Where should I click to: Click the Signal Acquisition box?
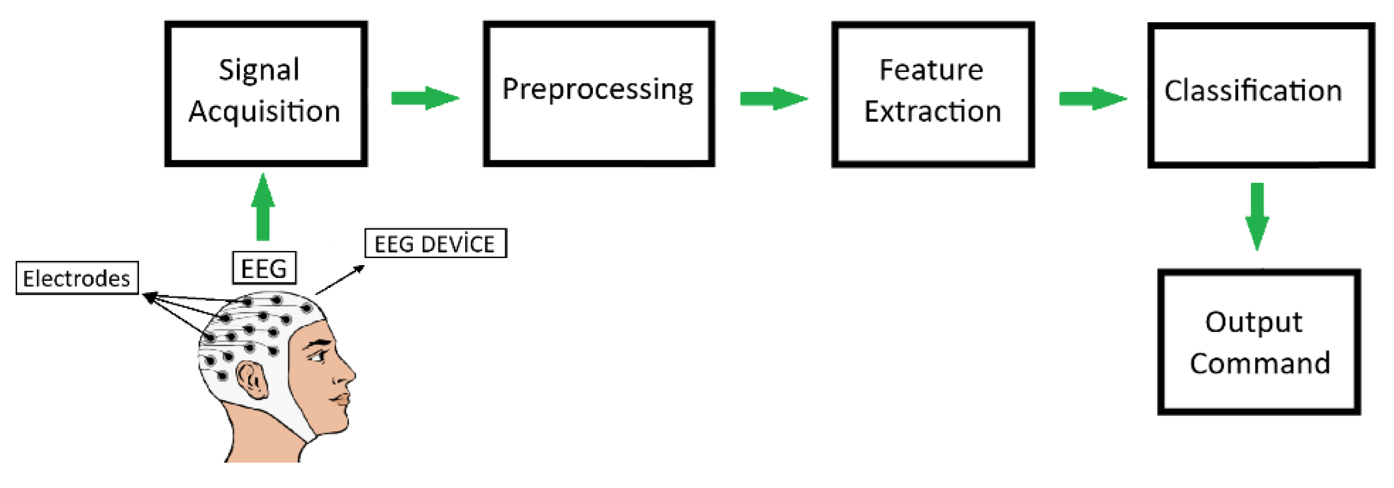[266, 94]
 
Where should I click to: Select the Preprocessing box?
[598, 94]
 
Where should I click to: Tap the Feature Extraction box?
[933, 95]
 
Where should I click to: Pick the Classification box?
[1260, 95]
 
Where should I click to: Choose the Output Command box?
[1258, 341]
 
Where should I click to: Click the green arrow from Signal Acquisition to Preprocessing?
[425, 98]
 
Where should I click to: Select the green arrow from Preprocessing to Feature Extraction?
[774, 99]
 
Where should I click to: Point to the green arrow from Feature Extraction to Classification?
[1092, 99]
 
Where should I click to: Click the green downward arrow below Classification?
[1257, 216]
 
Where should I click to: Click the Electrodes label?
[77, 278]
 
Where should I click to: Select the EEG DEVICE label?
[435, 243]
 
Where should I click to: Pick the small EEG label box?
[264, 268]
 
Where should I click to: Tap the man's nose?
[345, 373]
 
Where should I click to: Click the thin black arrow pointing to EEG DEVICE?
[340, 280]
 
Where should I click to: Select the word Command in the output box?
[1259, 363]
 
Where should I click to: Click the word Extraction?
[933, 112]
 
